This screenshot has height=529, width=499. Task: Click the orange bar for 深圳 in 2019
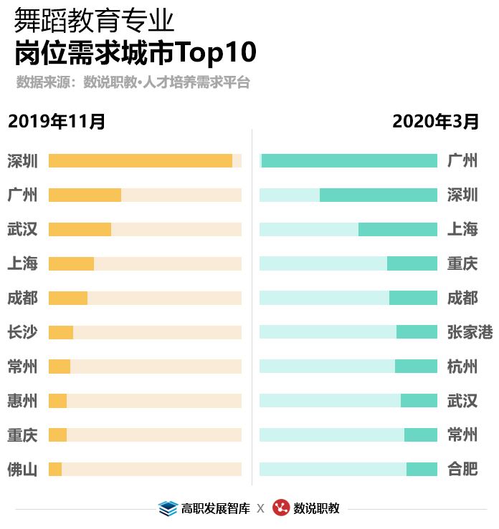141,161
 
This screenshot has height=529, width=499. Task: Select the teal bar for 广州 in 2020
349,161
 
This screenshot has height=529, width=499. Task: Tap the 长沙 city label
22,332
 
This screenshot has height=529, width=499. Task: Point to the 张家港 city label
470,332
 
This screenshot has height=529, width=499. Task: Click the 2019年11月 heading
57,121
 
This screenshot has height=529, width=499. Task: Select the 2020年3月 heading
435,121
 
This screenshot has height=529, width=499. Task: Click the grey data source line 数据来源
133,82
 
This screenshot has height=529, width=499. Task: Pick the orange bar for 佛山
55,470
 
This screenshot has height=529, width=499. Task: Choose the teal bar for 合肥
422,470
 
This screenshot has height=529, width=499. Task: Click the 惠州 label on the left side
22,401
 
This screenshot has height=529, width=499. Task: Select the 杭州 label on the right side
462,367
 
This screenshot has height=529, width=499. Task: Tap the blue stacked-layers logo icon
167,508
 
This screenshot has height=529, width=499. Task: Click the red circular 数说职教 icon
280,508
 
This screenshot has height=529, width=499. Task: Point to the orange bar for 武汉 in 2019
80,230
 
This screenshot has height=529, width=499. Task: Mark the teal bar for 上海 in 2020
397,230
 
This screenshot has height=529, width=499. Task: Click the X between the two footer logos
260,509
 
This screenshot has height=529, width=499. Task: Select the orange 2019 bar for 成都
68,298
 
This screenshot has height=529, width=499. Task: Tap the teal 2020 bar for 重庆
412,263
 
